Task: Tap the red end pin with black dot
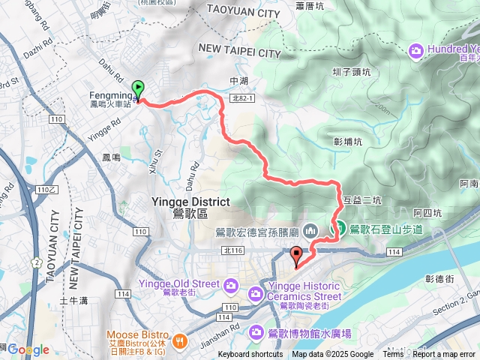coord(296,255)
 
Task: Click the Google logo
coord(28,349)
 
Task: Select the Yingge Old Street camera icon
coord(231,283)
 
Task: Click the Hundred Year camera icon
coord(415,50)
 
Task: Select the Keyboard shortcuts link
coord(250,355)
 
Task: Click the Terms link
coord(393,355)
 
